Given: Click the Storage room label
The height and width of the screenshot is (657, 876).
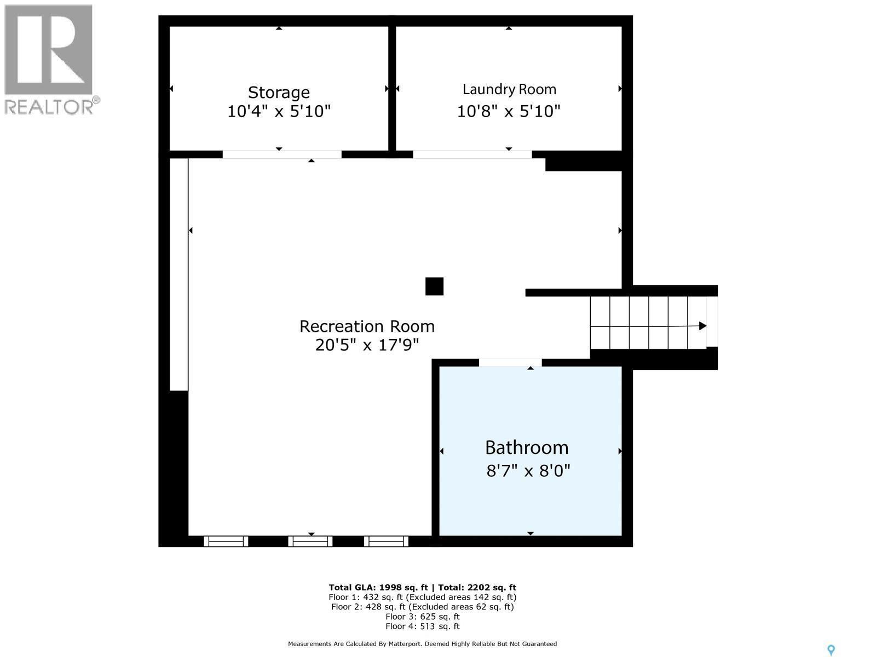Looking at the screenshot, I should click(279, 92).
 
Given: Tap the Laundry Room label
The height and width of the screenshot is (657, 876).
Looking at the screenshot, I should click(509, 89).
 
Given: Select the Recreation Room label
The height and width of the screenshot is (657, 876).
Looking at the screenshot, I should click(367, 326).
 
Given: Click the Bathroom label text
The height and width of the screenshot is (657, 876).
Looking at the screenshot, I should click(527, 448).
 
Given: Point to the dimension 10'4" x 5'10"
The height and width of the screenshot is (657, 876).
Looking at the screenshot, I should click(279, 112).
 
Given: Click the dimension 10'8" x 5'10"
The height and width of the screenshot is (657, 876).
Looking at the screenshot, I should click(509, 112).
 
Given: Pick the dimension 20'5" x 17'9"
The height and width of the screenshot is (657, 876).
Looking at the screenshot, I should click(367, 345).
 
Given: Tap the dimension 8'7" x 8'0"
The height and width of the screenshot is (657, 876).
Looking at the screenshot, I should click(528, 471).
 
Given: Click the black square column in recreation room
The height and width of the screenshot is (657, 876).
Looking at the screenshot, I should click(434, 286).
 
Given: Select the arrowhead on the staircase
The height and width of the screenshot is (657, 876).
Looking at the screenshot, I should click(702, 326).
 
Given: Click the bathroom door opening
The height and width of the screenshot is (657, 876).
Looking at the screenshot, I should click(510, 362).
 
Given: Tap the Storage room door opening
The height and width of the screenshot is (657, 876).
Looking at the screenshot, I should click(282, 154).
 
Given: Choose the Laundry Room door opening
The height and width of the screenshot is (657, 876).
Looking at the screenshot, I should click(472, 154).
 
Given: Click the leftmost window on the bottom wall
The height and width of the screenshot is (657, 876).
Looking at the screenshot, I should click(226, 541).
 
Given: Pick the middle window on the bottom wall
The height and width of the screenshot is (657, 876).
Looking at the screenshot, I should click(310, 541).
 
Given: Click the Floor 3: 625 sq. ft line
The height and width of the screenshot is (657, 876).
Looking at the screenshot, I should click(422, 616).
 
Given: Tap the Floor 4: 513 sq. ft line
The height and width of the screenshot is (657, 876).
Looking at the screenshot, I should click(422, 626).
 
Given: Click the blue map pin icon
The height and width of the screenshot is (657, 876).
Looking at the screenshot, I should click(831, 650).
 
